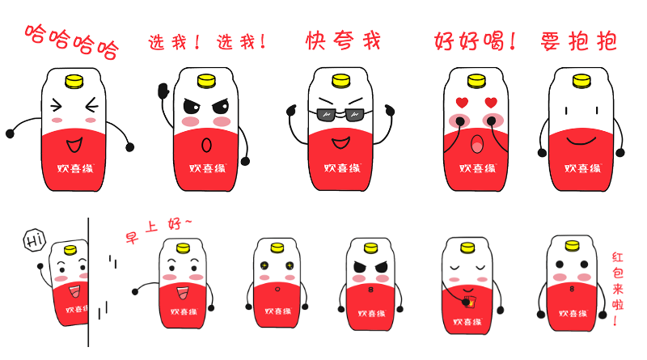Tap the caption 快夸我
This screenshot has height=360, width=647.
[x=343, y=40]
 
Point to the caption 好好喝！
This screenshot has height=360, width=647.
[x=476, y=40]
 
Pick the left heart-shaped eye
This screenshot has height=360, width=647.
[x=462, y=103]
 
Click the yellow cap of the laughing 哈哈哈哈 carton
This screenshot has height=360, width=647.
[x=74, y=81]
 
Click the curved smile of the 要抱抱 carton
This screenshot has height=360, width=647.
[x=581, y=142]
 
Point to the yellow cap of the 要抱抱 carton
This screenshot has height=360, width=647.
[x=580, y=81]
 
